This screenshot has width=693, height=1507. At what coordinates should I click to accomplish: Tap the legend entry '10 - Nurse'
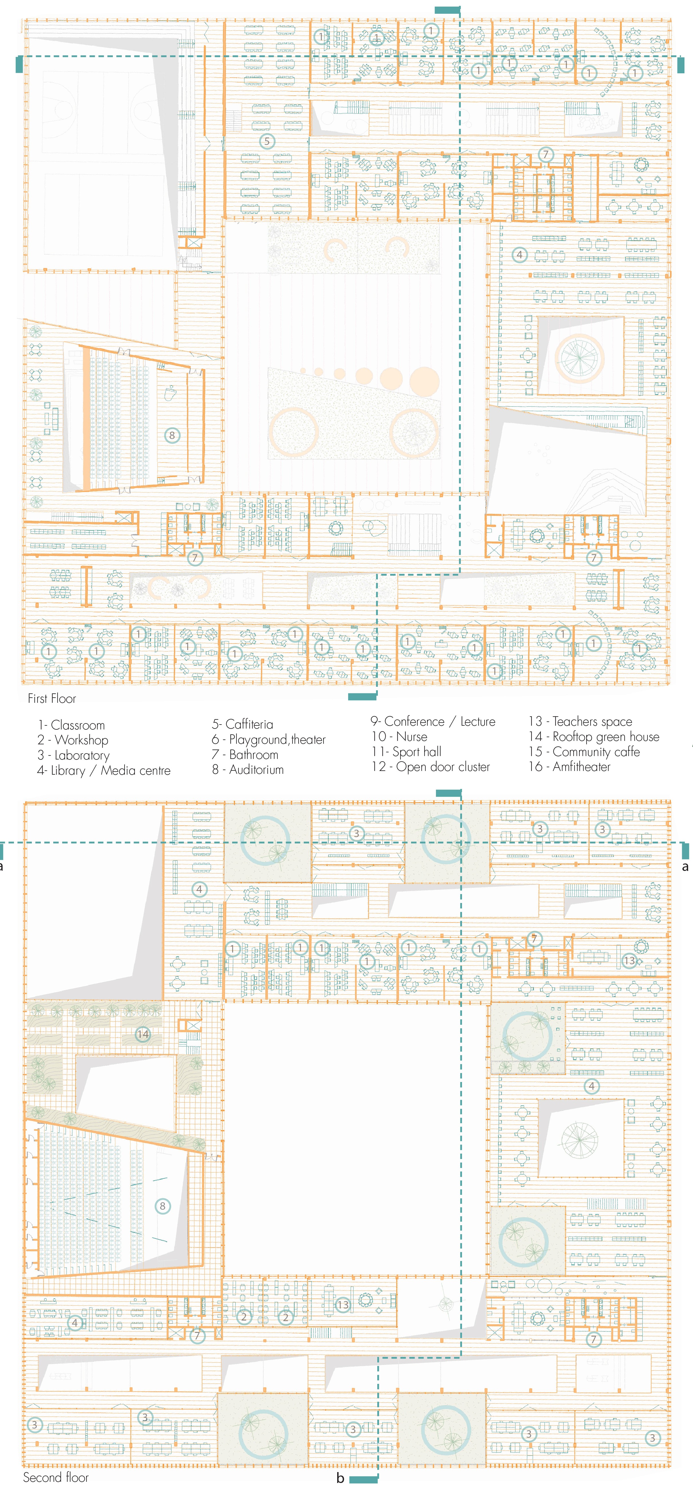click(399, 737)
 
